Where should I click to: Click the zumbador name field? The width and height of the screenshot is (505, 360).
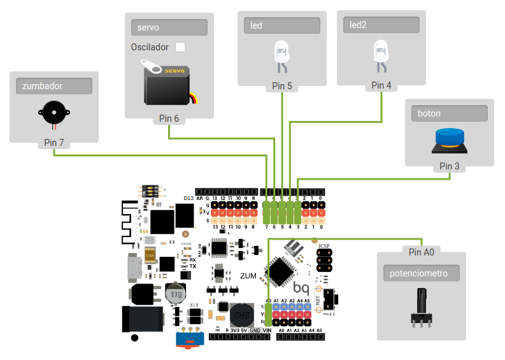click(54, 86)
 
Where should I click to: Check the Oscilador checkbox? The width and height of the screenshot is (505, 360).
click(181, 47)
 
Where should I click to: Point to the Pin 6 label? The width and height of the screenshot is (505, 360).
click(169, 118)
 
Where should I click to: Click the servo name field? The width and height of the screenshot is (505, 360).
click(169, 27)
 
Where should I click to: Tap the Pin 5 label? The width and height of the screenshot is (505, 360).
click(282, 85)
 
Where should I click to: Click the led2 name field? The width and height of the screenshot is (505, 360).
click(381, 25)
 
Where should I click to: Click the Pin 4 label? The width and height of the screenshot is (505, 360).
click(381, 85)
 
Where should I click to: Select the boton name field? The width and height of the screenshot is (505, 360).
click(449, 114)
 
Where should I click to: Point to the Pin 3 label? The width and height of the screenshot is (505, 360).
click(449, 166)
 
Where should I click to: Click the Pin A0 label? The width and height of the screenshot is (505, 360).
click(421, 252)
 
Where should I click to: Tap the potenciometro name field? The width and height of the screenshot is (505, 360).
click(421, 273)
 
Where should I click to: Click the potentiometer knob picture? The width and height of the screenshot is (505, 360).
click(421, 307)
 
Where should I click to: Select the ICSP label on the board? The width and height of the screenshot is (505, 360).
click(324, 245)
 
